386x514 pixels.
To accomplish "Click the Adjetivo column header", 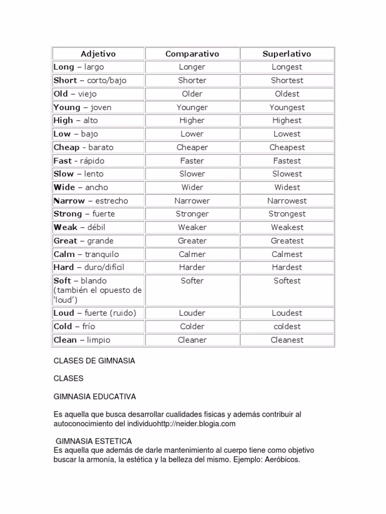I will [98, 54].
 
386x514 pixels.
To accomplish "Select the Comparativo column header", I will [192, 54].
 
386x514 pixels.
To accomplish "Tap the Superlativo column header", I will [287, 54].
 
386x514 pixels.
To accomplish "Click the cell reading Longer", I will [192, 67].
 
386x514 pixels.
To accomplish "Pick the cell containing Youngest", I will [287, 107].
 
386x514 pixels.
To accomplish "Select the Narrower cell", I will [192, 200].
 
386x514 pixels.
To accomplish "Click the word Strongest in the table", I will [287, 214].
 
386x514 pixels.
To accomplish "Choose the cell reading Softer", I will [192, 281].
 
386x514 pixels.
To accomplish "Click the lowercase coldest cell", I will [287, 326].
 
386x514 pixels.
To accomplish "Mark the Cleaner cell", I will [192, 340].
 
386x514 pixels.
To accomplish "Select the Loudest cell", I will [287, 313].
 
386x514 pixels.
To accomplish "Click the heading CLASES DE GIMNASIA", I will [94, 361].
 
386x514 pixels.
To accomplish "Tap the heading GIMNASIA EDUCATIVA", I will [94, 397].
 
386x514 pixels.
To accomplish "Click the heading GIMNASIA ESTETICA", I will [93, 441].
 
